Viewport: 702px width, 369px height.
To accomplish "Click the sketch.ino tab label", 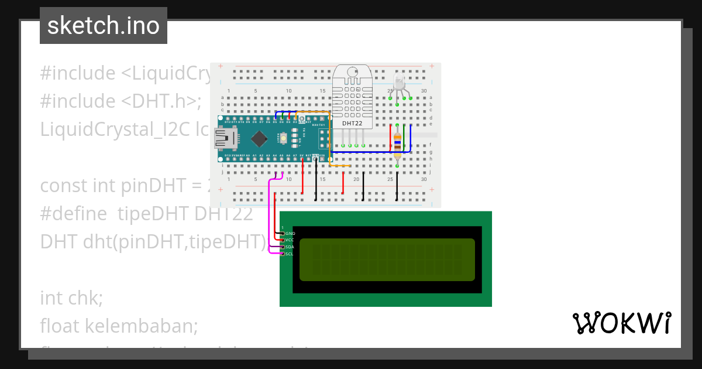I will (104, 26).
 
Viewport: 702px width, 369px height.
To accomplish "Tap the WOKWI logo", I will (621, 323).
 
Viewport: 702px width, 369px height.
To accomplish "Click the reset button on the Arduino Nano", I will (284, 138).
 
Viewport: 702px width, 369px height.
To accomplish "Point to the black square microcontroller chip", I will (258, 138).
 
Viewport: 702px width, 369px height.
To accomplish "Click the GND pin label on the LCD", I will (291, 233).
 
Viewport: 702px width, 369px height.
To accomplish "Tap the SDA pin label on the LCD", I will (290, 247).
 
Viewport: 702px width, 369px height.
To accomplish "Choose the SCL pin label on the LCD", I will (290, 254).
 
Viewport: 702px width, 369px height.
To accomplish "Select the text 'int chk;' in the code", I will (71, 298).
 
